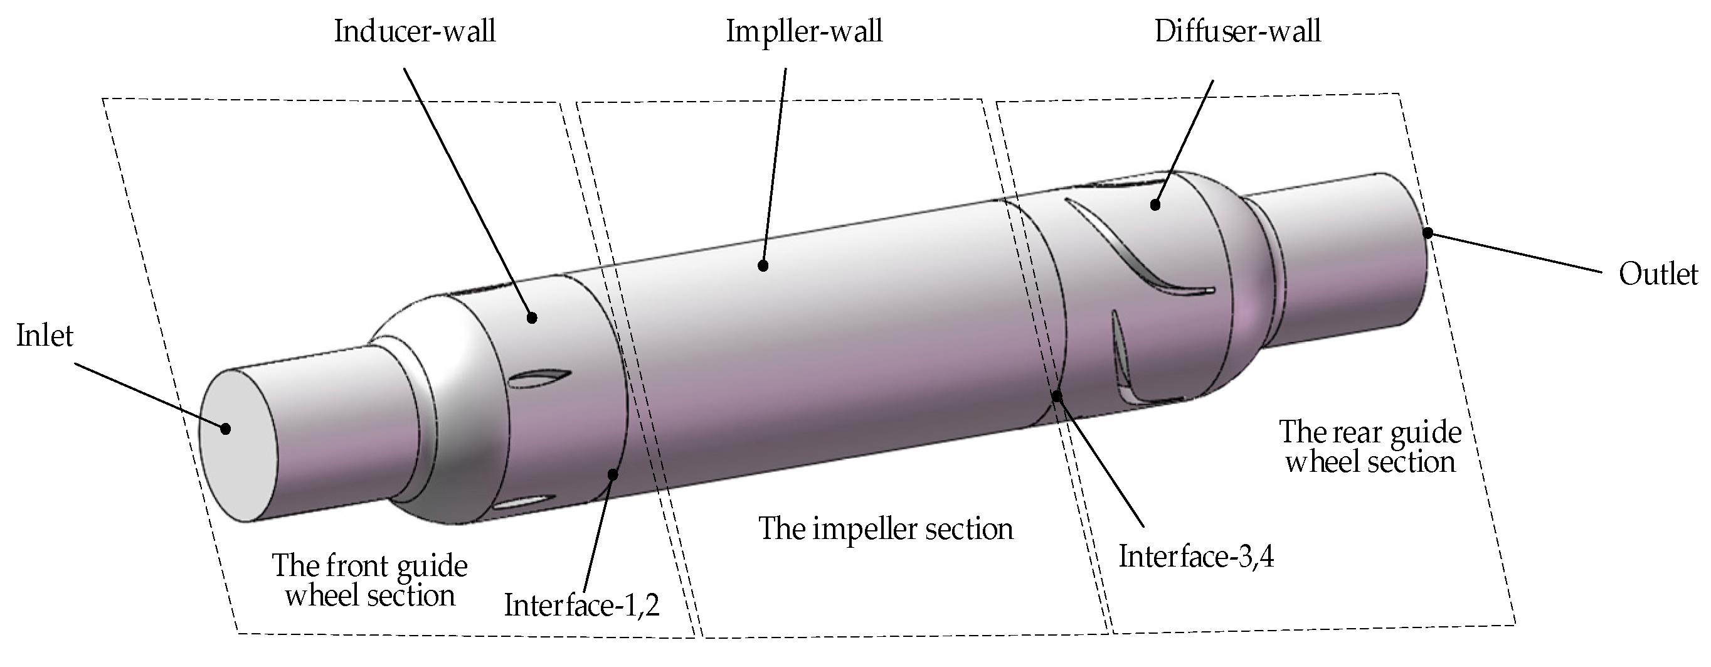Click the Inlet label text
(45, 336)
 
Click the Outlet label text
(1658, 274)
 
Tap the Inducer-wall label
(415, 31)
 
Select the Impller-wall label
(803, 31)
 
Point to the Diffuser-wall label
(1237, 31)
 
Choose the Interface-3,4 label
(1196, 557)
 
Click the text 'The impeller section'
(886, 530)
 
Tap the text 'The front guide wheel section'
(370, 580)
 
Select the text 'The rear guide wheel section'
(1370, 446)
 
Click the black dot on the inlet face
(226, 429)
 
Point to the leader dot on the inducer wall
(531, 317)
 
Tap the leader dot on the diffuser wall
(1155, 205)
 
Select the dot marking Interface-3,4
(1057, 396)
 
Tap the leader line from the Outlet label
(1521, 253)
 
